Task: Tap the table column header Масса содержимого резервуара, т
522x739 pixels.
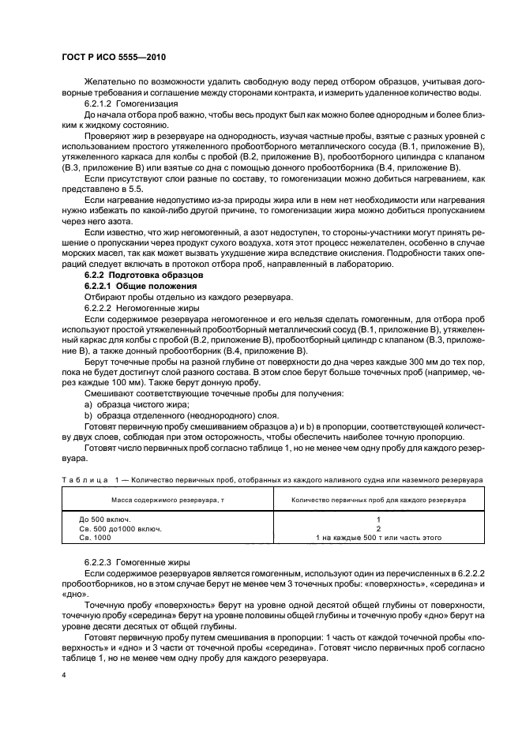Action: pyautogui.click(x=167, y=500)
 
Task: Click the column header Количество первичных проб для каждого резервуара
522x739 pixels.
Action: pyautogui.click(x=368, y=500)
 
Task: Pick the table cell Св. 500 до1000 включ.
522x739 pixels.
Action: pyautogui.click(x=116, y=528)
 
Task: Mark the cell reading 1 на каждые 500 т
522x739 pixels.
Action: pyautogui.click(x=368, y=538)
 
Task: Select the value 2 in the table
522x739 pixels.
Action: pyautogui.click(x=368, y=528)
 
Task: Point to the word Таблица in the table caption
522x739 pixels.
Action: pyautogui.click(x=84, y=479)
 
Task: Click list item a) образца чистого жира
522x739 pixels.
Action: pyautogui.click(x=132, y=404)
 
